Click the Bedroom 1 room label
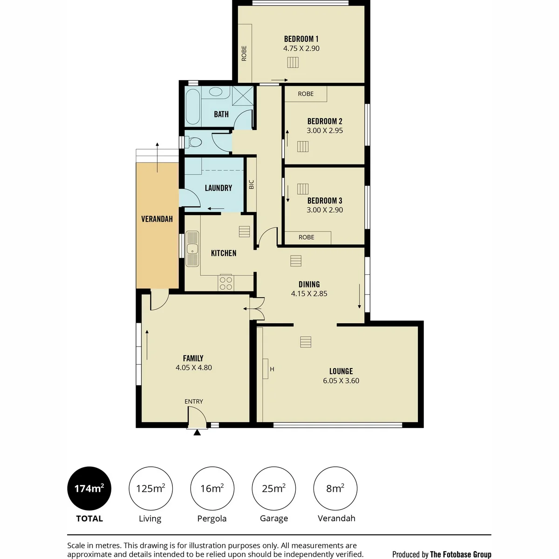[301, 39]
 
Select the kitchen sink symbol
[192, 248]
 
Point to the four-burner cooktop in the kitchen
[226, 283]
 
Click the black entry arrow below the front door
[197, 432]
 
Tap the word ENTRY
[194, 402]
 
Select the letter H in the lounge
[272, 369]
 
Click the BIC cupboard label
[251, 184]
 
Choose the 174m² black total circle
[89, 489]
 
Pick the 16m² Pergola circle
[212, 489]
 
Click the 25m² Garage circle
[273, 489]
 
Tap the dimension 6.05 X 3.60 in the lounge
[341, 381]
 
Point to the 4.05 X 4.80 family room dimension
[194, 368]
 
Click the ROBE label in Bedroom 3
[307, 237]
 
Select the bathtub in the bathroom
[192, 107]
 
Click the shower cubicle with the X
[243, 95]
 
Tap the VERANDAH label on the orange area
[157, 219]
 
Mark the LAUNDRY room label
[218, 188]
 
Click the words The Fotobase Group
[461, 554]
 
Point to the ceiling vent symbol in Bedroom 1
[293, 62]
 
